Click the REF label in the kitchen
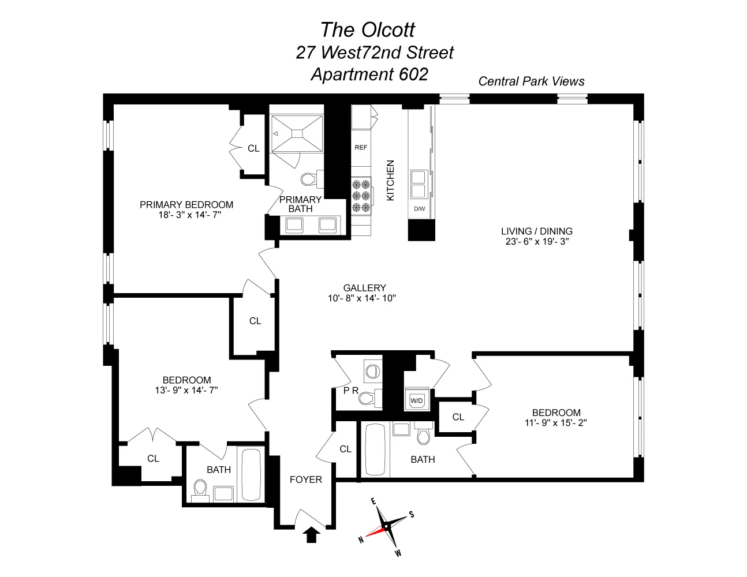361,147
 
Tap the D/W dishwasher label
419,208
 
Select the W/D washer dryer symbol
416,400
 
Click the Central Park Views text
531,81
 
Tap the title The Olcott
368,30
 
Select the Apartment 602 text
369,74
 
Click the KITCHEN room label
390,180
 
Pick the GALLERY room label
364,288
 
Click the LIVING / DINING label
537,231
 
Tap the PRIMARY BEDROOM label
186,205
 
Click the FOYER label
306,479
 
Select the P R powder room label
351,391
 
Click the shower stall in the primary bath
297,133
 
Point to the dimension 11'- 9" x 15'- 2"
556,422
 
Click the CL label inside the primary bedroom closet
253,148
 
